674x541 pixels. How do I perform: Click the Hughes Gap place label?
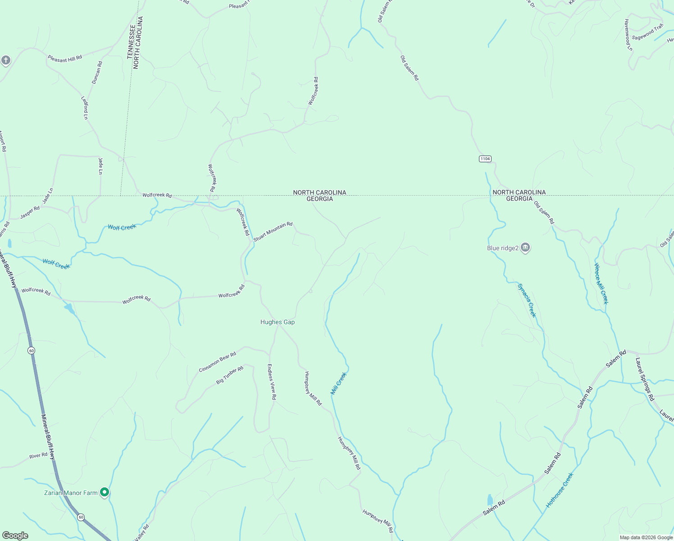278,322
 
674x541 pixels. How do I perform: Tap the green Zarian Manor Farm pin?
105,492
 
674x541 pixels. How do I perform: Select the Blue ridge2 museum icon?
525,248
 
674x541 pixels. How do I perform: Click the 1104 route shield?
485,159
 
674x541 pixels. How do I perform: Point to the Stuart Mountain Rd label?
273,231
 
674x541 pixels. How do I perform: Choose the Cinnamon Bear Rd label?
218,362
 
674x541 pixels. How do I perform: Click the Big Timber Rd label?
230,375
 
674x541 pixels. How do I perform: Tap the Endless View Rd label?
272,382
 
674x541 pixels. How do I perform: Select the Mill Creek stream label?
339,383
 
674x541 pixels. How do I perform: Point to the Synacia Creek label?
527,300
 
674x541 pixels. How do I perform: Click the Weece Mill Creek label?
601,284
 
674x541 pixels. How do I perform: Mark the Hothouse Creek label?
560,490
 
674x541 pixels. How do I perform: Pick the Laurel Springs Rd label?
645,379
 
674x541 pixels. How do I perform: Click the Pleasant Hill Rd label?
65,59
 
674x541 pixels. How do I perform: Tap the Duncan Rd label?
97,73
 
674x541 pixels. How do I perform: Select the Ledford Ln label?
85,108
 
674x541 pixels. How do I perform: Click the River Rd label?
38,456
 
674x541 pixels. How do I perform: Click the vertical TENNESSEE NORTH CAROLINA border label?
135,42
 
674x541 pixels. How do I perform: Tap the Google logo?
15,536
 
